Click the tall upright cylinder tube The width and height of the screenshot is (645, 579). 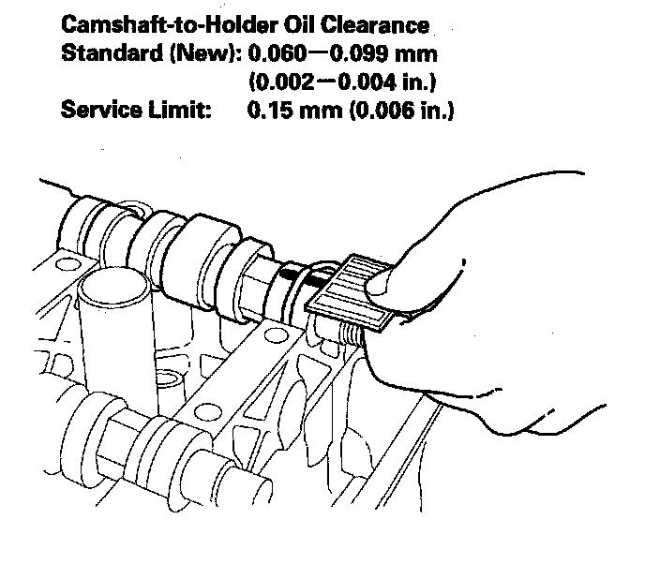[x=112, y=319]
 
